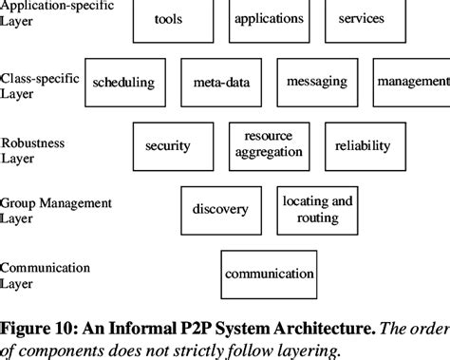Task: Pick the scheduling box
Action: click(x=123, y=83)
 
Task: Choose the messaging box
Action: click(x=316, y=83)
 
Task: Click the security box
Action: click(x=168, y=145)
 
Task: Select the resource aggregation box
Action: click(x=268, y=144)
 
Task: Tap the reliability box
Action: click(x=362, y=145)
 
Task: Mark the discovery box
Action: click(x=219, y=209)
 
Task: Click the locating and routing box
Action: click(x=317, y=209)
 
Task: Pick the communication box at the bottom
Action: click(x=269, y=274)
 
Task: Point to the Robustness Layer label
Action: click(x=33, y=149)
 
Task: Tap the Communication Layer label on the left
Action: click(x=44, y=275)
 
